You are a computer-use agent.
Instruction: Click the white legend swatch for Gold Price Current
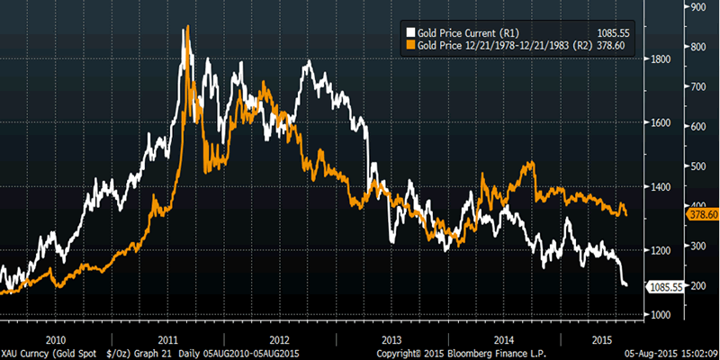412,32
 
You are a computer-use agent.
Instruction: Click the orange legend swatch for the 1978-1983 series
412,43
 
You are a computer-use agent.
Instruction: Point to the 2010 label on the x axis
56,339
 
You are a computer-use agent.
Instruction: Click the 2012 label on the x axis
279,339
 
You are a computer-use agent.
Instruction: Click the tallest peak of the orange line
185,27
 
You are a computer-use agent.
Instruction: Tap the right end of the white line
626,285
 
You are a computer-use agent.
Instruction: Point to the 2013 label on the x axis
391,339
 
